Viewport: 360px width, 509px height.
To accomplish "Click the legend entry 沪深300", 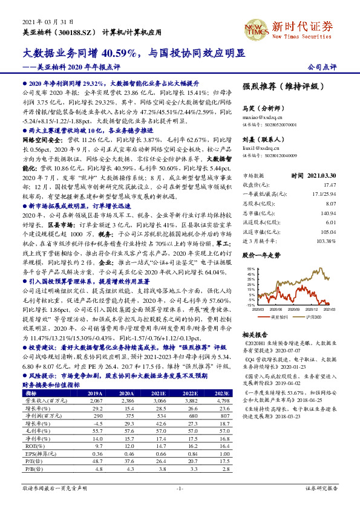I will (312, 316).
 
